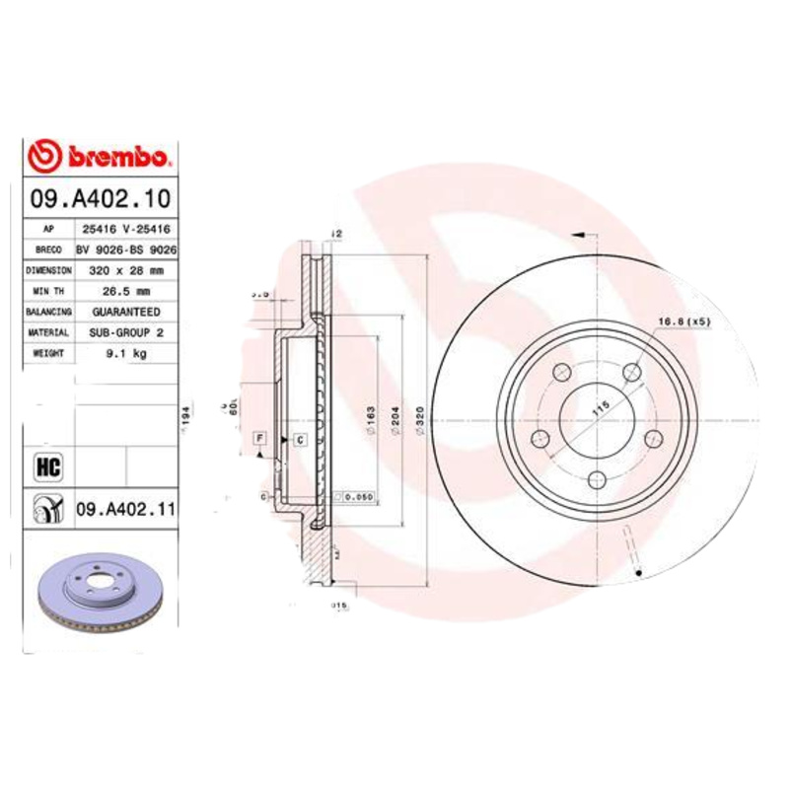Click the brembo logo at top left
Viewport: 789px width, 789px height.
coord(101,157)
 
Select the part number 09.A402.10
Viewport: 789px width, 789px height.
coord(101,198)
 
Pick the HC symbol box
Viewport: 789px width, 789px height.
coord(47,464)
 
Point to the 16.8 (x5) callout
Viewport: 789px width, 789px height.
coord(683,322)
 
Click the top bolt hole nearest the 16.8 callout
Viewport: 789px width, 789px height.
coord(632,371)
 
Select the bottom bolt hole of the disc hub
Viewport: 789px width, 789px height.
coord(597,479)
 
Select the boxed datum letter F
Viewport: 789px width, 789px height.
coord(259,437)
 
